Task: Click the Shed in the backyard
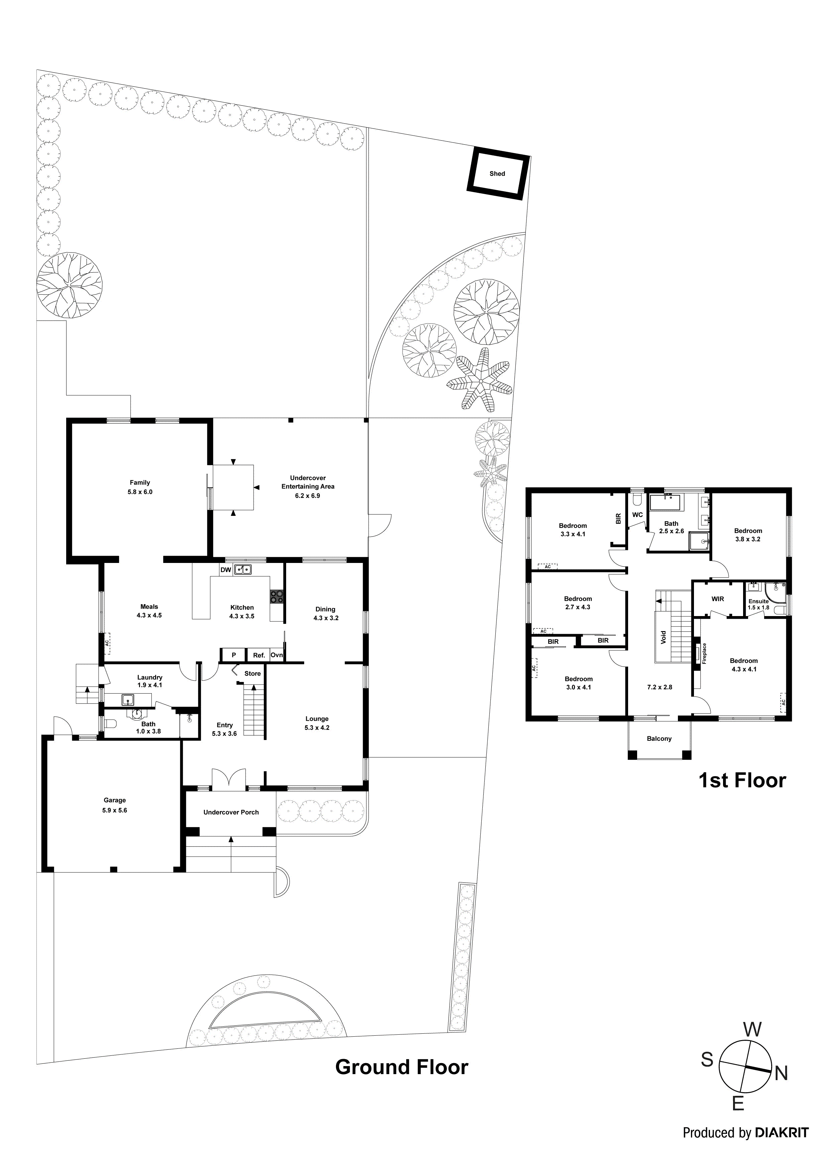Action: click(x=497, y=173)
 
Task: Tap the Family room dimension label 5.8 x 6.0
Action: click(x=140, y=492)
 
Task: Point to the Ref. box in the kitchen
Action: click(x=259, y=655)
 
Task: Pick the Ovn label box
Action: click(x=276, y=655)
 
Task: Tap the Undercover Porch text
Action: click(x=231, y=812)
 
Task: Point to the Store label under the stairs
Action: click(x=252, y=673)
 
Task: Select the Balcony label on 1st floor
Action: click(x=659, y=739)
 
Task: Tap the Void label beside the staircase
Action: click(x=663, y=637)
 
